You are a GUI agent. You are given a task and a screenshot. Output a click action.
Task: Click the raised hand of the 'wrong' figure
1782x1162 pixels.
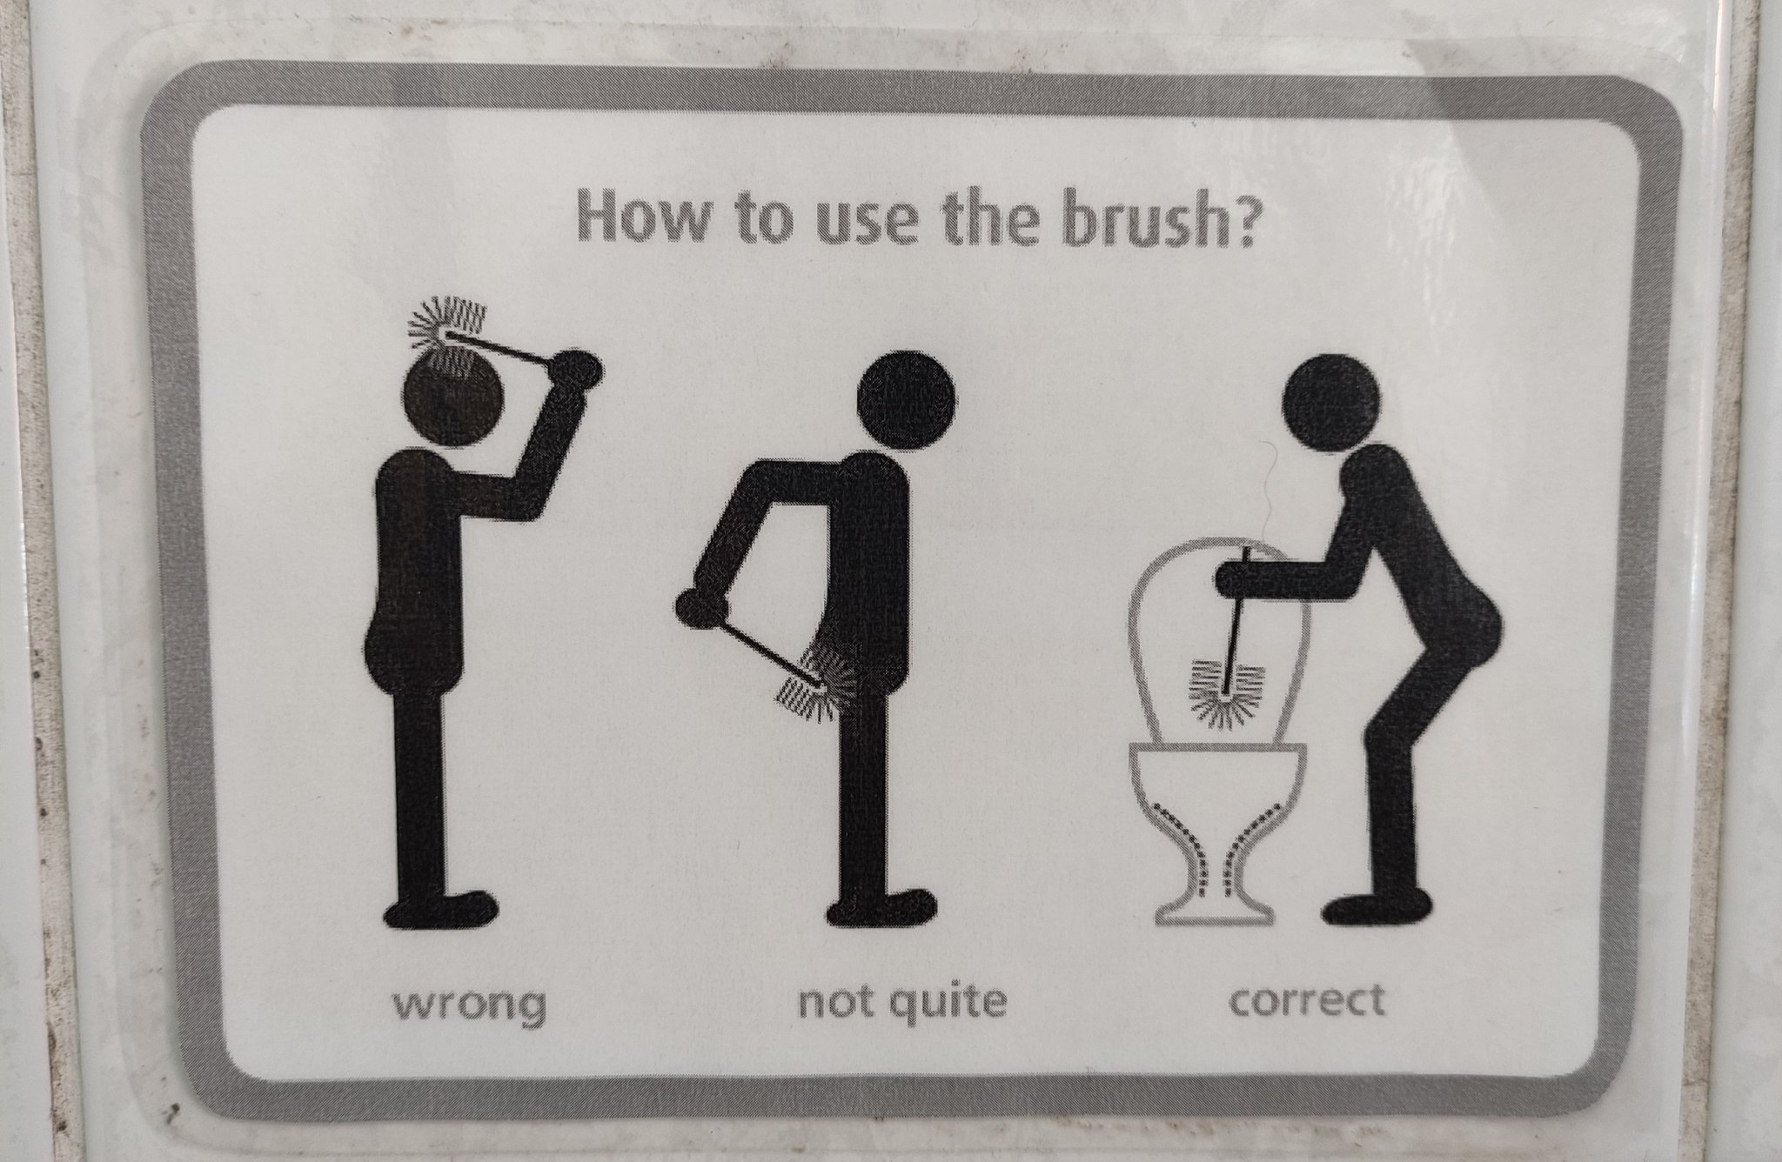coord(577,370)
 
